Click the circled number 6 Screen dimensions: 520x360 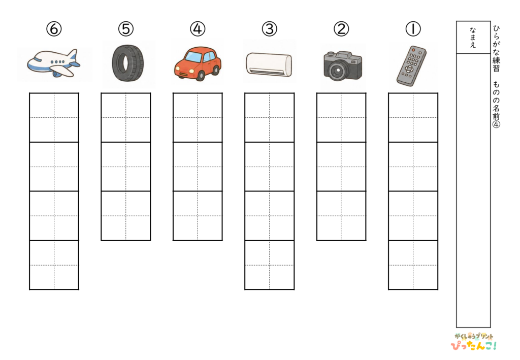point(54,29)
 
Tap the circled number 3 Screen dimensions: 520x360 point(269,29)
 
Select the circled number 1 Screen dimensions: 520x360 point(413,29)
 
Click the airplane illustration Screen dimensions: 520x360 point(54,63)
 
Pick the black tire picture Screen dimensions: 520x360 point(128,63)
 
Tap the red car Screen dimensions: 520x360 point(198,63)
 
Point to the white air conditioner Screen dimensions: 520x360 point(269,64)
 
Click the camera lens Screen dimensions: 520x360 point(338,70)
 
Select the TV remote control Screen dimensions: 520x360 point(411,66)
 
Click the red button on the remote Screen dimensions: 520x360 point(413,50)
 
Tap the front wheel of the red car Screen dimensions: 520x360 point(200,76)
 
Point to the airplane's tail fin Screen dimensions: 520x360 point(73,56)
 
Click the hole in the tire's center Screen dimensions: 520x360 point(126,63)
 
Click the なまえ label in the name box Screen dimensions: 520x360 point(473,38)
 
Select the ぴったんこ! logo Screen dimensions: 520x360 point(474,345)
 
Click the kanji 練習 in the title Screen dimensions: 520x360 point(496,64)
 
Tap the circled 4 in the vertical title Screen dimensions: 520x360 point(496,124)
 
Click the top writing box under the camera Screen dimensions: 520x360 point(341,118)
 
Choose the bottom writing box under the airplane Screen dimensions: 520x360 point(54,265)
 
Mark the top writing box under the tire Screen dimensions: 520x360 point(126,118)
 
